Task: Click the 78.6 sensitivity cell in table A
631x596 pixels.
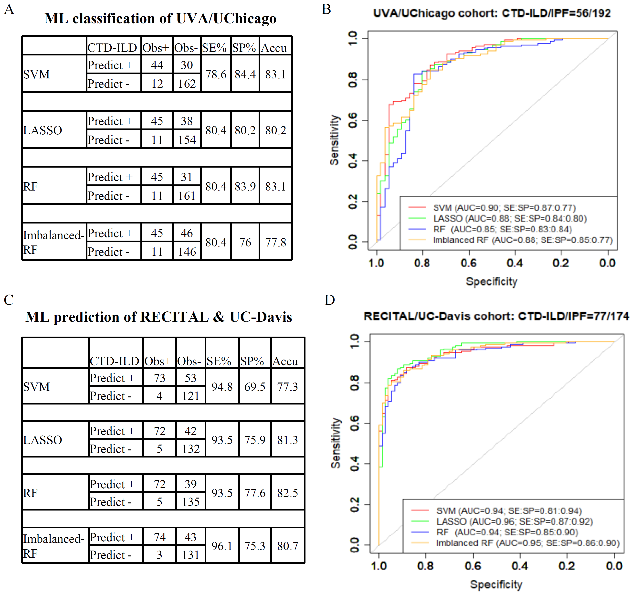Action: click(216, 74)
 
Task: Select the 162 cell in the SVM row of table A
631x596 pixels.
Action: click(187, 84)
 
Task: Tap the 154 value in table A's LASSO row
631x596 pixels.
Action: click(187, 140)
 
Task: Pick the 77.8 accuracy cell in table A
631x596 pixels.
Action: click(276, 242)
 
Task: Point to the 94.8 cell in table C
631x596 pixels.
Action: click(222, 387)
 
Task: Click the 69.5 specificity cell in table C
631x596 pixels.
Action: click(255, 387)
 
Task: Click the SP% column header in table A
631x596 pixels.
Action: click(244, 48)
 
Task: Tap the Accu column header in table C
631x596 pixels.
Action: click(285, 361)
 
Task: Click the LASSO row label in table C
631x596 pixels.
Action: click(42, 440)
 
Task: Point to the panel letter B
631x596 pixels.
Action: click(326, 10)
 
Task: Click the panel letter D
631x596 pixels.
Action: click(330, 300)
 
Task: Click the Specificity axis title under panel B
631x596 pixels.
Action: click(492, 281)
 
